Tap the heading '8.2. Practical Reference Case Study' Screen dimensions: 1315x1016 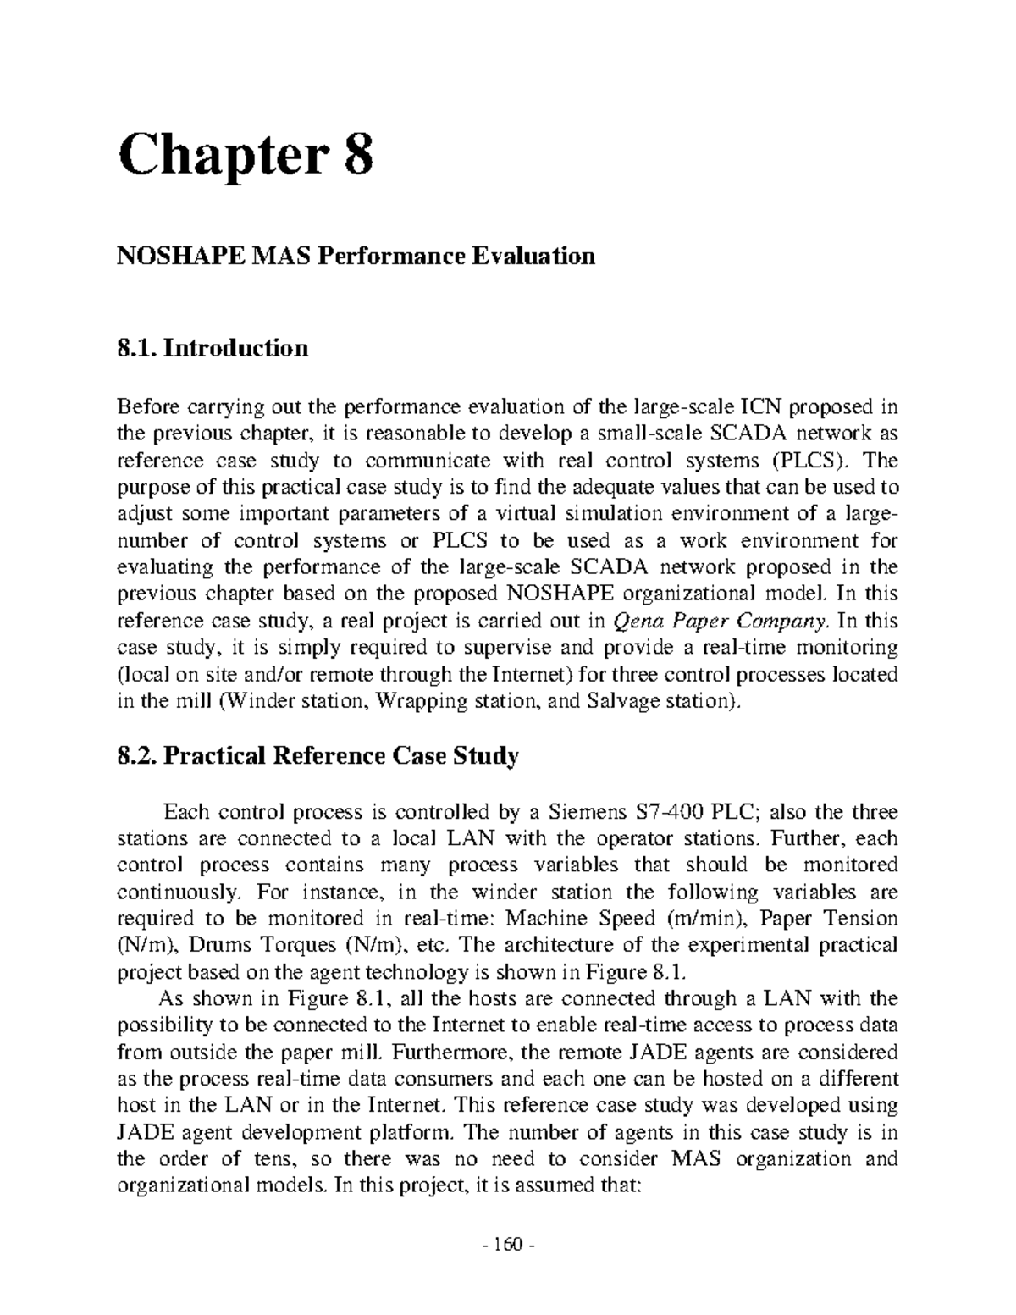pos(317,755)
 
